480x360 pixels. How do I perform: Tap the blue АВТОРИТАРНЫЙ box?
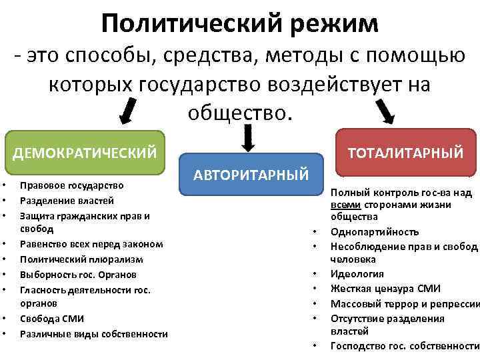[251, 175]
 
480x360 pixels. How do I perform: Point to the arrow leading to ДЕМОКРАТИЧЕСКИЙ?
[130, 109]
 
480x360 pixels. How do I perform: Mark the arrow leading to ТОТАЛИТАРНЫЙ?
[385, 110]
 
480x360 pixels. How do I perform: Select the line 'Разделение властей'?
[67, 201]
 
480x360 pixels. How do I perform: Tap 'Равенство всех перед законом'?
[91, 244]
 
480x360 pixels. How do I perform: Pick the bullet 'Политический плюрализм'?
[81, 259]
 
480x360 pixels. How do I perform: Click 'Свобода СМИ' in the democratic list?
[52, 318]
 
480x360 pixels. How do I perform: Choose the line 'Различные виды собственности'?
[93, 333]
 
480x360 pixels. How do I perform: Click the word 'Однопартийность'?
[375, 231]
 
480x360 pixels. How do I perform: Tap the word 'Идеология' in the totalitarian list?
[357, 274]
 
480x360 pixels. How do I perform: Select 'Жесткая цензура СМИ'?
[385, 289]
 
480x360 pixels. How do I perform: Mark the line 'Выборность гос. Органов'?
[78, 274]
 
